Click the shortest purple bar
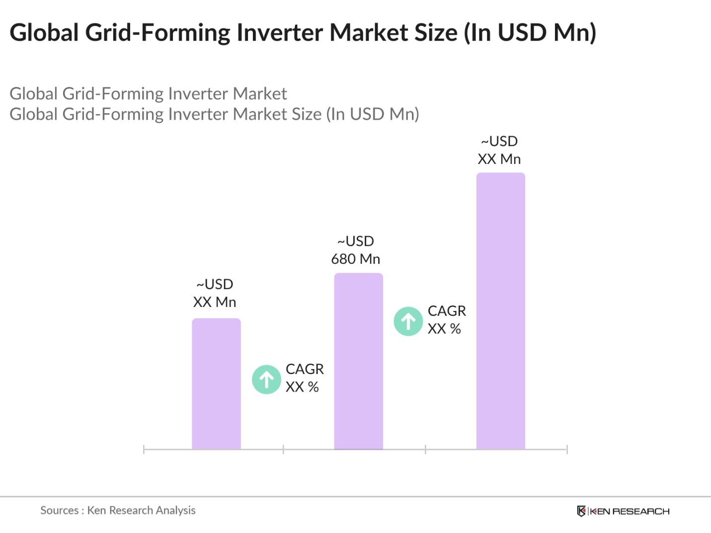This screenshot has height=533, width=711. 216,383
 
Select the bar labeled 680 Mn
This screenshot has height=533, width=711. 358,361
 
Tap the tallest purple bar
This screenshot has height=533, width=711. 500,311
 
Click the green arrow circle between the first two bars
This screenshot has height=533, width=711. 267,380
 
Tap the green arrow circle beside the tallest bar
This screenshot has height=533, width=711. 408,321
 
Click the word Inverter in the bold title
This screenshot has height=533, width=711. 280,33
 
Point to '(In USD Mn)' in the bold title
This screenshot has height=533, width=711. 530,33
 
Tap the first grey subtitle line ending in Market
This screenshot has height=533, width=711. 148,94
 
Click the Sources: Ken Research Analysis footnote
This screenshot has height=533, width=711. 118,510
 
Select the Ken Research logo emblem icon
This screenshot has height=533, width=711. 581,511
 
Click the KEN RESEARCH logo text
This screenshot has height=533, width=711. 630,511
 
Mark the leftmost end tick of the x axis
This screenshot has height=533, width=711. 144,450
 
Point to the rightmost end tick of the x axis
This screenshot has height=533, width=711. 567,450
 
